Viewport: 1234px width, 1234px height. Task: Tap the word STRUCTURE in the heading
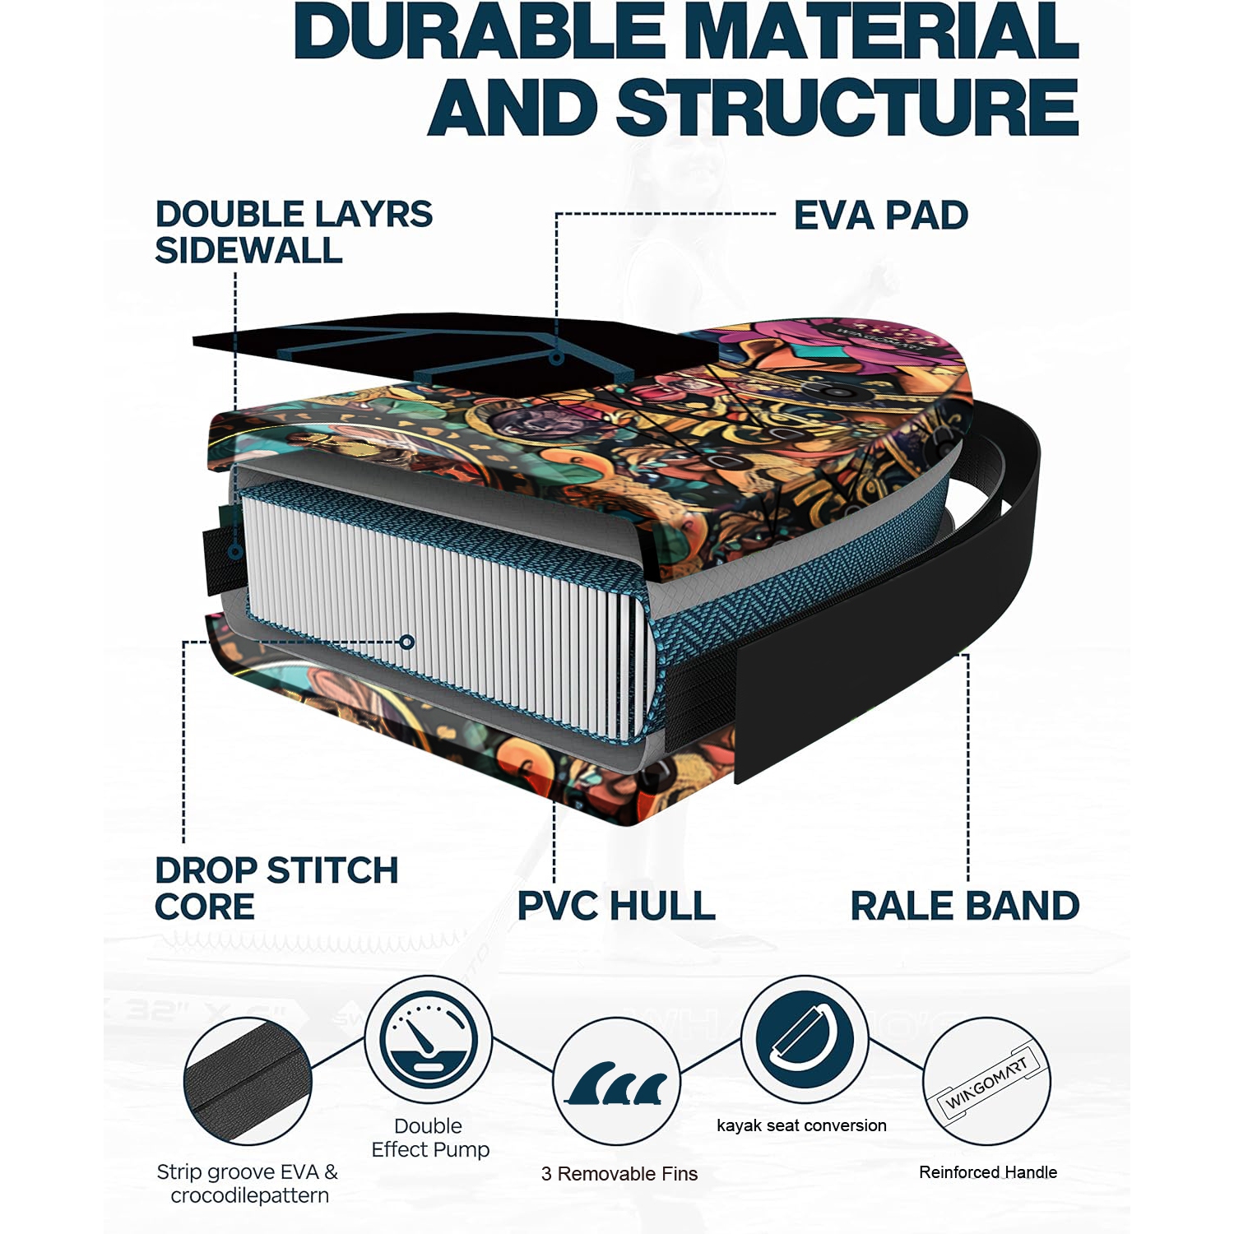click(847, 108)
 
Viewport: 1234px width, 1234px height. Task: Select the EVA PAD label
click(880, 216)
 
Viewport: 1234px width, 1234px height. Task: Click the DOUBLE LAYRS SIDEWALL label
click(293, 232)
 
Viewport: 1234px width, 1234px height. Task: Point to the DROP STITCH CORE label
click(276, 888)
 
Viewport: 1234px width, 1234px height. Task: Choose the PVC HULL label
click(616, 906)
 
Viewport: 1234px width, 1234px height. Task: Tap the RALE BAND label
click(964, 906)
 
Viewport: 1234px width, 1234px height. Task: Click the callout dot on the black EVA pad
click(557, 358)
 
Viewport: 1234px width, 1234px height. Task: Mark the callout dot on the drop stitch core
click(406, 642)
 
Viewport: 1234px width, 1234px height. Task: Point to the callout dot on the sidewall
click(236, 551)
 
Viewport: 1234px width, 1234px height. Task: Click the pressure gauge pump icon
click(429, 1039)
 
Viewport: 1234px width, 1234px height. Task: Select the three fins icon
click(616, 1082)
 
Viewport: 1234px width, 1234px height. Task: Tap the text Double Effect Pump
click(429, 1138)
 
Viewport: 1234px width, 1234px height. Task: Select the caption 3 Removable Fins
click(619, 1174)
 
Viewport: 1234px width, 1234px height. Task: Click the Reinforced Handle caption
click(987, 1172)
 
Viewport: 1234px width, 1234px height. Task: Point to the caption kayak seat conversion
click(801, 1125)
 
